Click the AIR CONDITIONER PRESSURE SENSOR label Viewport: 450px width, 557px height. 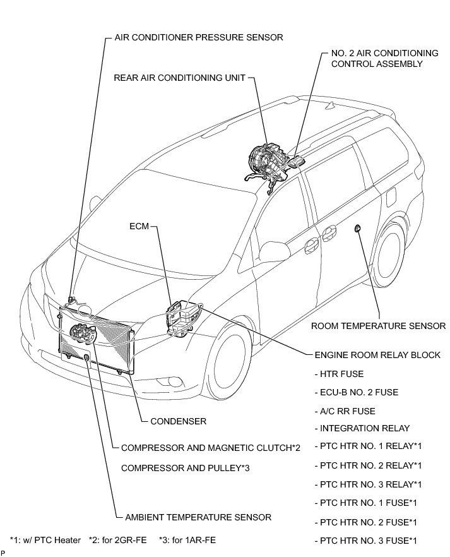[199, 37]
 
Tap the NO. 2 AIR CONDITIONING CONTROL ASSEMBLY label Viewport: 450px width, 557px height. [376, 58]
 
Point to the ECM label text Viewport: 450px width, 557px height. [139, 225]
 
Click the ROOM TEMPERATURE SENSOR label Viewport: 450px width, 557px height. [379, 326]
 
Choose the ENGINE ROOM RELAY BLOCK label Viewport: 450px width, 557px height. [377, 355]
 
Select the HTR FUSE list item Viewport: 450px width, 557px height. [338, 374]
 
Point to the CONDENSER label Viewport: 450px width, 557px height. [179, 421]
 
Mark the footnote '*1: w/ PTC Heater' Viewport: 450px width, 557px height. [45, 540]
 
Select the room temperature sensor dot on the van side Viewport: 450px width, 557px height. [358, 227]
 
